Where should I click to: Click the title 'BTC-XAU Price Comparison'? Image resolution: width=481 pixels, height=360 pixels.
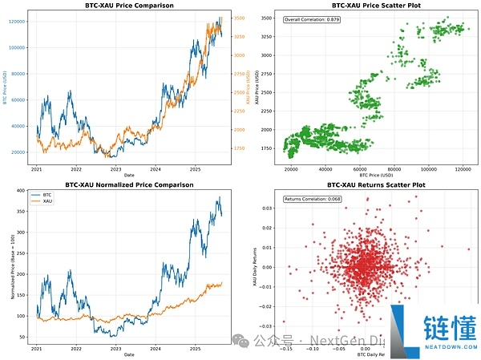[129, 6]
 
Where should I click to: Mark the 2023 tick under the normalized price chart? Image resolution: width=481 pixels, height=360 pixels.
[115, 349]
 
